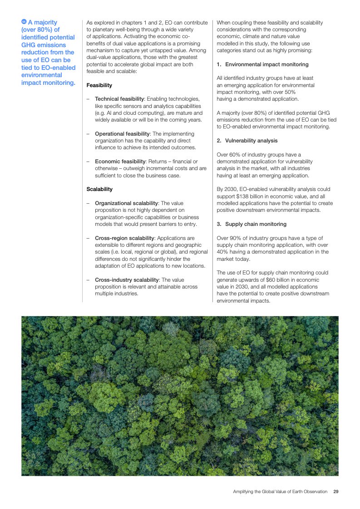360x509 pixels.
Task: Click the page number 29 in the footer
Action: click(335, 491)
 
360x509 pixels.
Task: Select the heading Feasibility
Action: click(99, 85)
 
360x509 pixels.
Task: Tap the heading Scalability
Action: click(99, 189)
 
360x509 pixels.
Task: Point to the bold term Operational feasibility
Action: click(122, 134)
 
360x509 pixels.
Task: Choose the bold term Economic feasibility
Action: click(120, 162)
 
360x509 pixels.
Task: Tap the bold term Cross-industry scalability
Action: click(127, 280)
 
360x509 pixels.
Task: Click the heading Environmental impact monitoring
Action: click(266, 64)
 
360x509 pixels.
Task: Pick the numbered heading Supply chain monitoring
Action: click(256, 224)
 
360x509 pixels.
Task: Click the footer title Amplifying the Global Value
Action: click(280, 491)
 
